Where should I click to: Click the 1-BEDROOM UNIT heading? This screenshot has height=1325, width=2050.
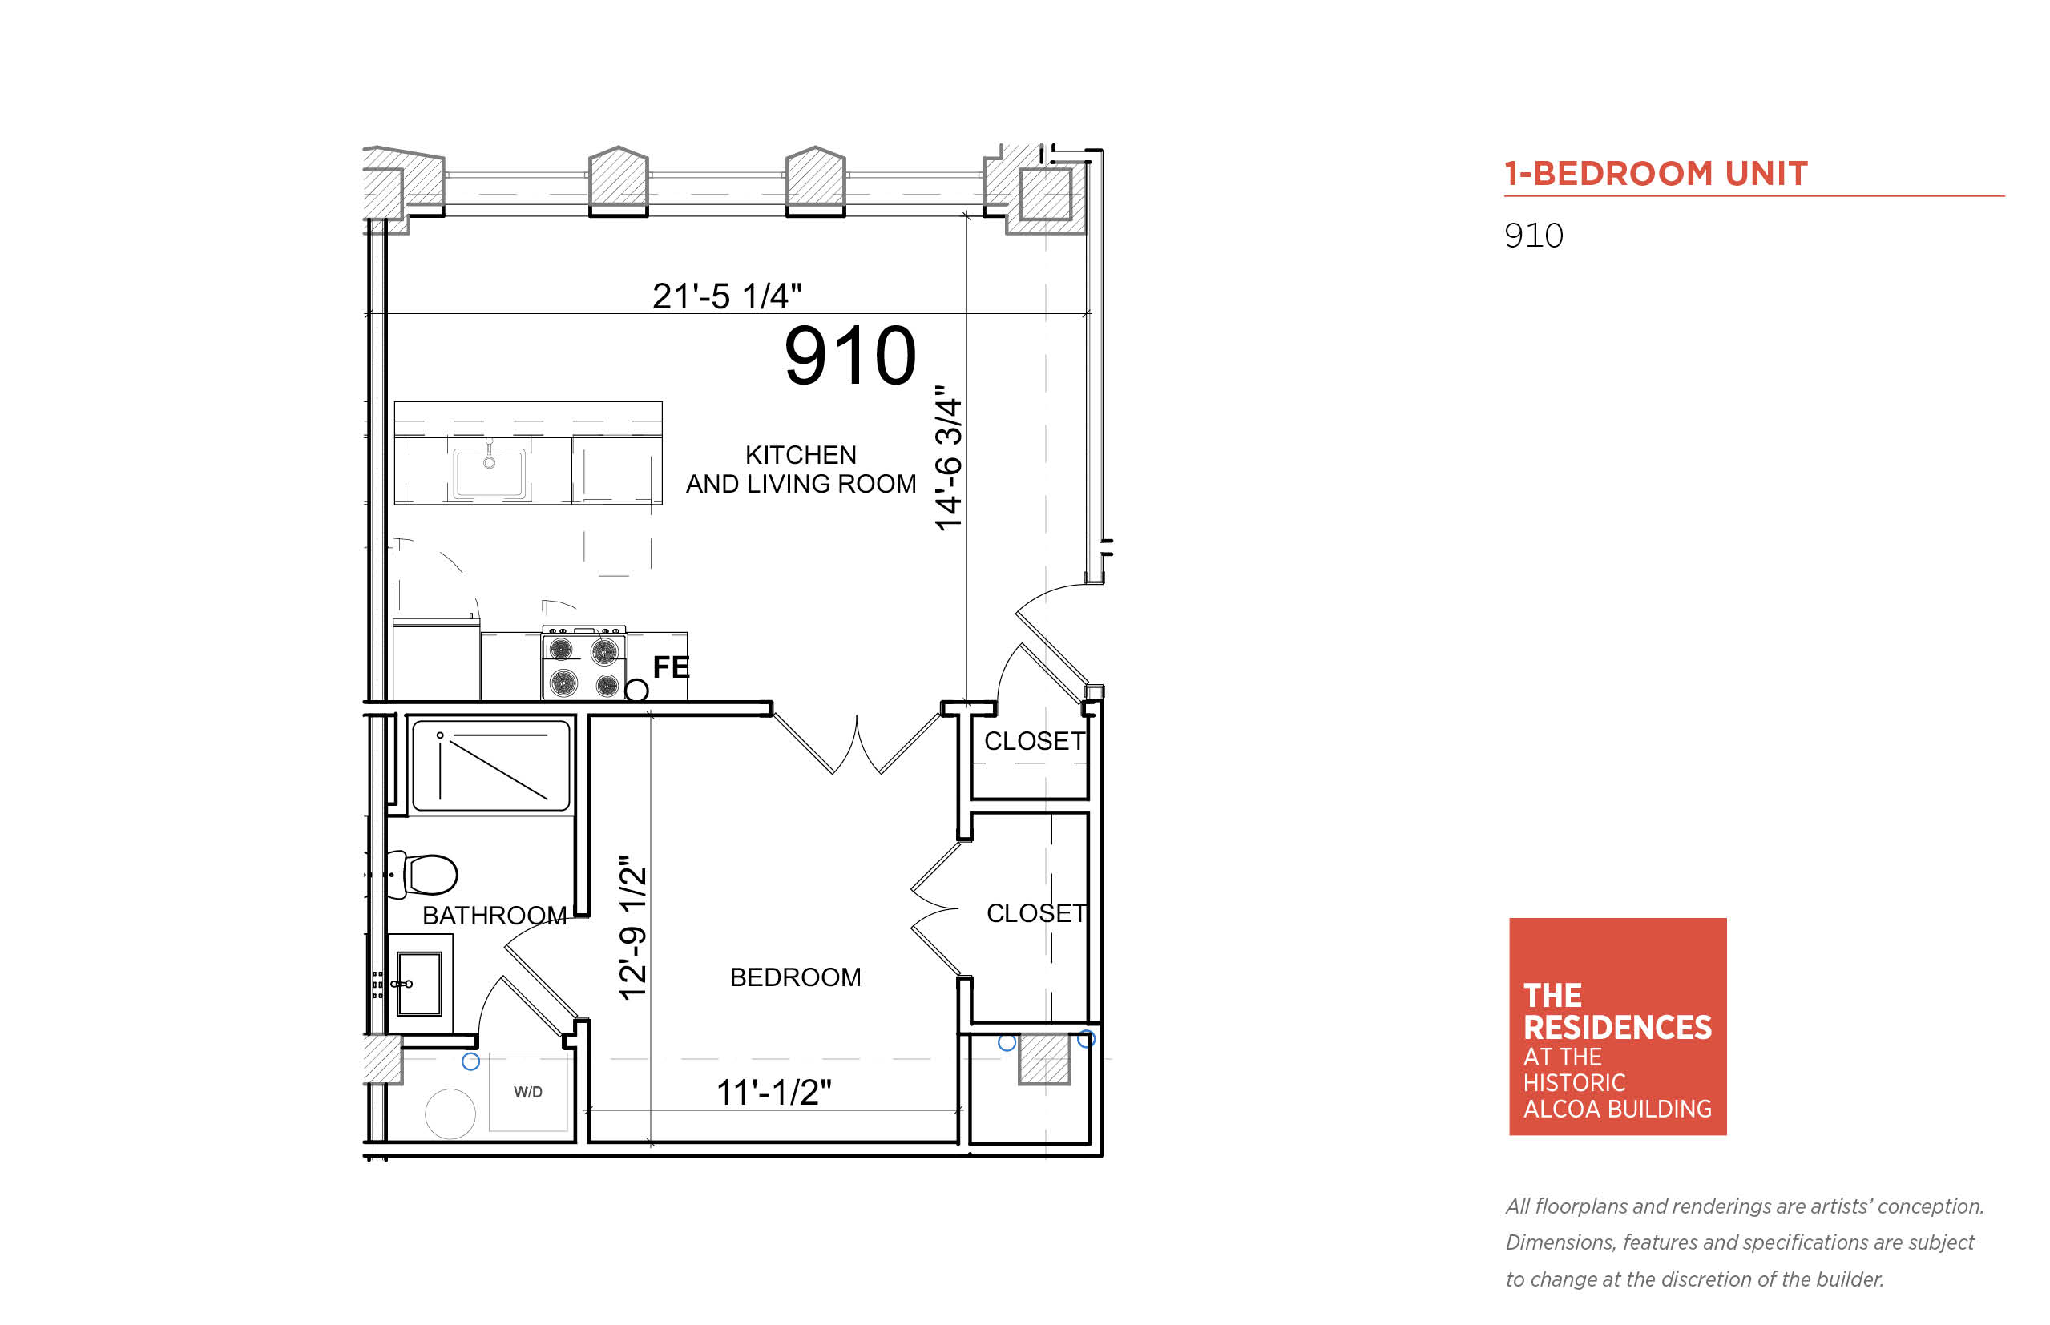[1655, 173]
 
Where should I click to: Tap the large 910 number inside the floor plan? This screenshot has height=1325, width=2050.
[849, 356]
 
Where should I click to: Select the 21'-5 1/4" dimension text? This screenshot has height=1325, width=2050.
[726, 296]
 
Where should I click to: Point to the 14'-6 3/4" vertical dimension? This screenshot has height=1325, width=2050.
[947, 457]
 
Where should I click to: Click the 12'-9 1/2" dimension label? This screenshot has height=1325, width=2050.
[632, 928]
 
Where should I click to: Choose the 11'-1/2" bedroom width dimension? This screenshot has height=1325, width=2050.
[773, 1093]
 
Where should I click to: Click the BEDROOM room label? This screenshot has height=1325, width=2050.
[795, 977]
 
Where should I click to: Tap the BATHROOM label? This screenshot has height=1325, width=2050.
[494, 916]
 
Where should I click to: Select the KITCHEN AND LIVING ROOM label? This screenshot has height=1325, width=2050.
[801, 469]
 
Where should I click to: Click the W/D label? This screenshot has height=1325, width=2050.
[527, 1092]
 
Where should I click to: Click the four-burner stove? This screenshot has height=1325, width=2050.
[583, 662]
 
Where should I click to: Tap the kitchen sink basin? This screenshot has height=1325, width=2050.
[489, 472]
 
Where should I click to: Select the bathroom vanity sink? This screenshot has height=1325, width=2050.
[419, 984]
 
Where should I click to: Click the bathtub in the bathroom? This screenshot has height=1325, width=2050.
[490, 765]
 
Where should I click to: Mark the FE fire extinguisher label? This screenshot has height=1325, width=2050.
[672, 667]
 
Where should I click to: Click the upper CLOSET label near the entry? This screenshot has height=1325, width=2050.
[1035, 741]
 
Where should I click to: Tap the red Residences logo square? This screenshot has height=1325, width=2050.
[1617, 1026]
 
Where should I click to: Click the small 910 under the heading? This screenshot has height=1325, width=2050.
[1534, 236]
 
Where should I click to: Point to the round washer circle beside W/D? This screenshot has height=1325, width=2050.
[450, 1114]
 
